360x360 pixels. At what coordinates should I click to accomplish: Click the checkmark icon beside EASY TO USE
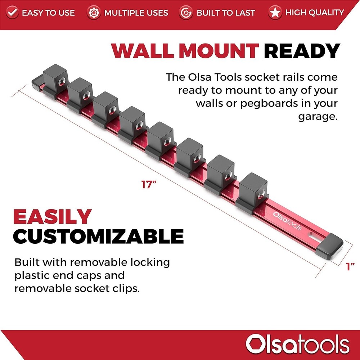pos(13,13)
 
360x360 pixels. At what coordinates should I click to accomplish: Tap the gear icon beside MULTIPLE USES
pos(94,13)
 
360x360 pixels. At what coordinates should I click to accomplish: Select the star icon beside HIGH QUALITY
pos(275,13)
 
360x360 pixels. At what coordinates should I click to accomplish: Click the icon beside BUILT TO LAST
pos(186,13)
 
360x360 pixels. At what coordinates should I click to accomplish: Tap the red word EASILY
pos(52,217)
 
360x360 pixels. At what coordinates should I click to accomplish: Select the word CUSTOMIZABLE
pos(98,236)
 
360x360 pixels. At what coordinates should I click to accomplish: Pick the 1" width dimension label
pos(350,267)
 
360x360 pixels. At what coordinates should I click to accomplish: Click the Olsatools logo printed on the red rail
pos(287,220)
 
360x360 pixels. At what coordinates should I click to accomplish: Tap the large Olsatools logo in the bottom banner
pos(297,344)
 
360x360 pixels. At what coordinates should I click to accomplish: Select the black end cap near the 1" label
pos(330,247)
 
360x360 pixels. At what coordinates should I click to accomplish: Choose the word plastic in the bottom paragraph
pos(33,275)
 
